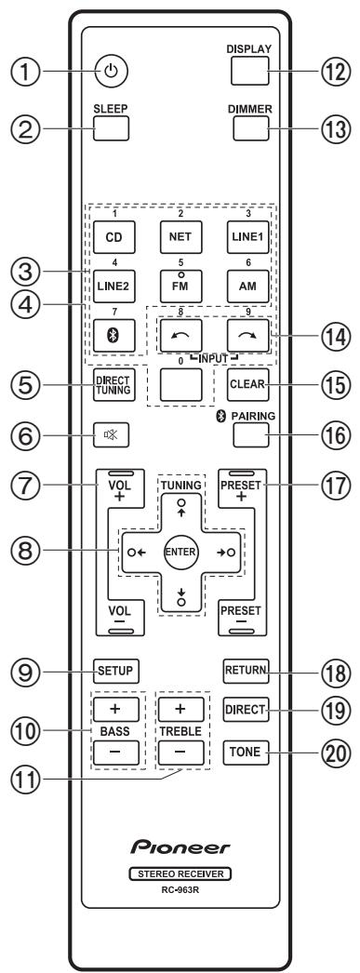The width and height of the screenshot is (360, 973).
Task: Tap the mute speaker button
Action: click(x=109, y=434)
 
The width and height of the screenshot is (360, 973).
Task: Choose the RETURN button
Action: click(x=252, y=666)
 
